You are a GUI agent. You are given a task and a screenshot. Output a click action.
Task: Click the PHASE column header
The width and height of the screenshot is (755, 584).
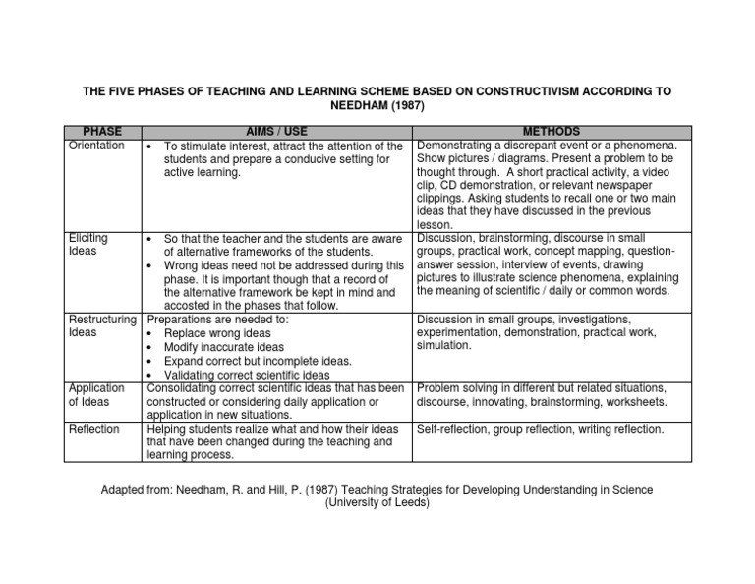click(102, 132)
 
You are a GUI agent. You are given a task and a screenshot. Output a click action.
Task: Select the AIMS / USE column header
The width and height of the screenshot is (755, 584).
click(276, 132)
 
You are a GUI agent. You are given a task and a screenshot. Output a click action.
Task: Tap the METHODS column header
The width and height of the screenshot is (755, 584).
click(551, 132)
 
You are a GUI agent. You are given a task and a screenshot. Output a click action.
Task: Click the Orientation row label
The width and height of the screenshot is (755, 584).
click(96, 146)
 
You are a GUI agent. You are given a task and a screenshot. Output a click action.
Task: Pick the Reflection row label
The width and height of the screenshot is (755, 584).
click(94, 429)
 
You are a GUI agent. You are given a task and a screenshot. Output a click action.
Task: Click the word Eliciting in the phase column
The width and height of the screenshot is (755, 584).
click(88, 238)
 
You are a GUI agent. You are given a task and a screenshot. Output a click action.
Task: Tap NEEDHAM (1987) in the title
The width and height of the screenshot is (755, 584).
click(377, 105)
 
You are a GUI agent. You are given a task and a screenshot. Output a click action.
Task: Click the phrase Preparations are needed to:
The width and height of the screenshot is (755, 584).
click(217, 320)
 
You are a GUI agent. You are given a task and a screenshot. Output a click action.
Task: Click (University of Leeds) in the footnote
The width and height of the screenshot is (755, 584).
click(377, 502)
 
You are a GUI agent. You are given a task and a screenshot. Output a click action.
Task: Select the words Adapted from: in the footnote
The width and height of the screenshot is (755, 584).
click(137, 489)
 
